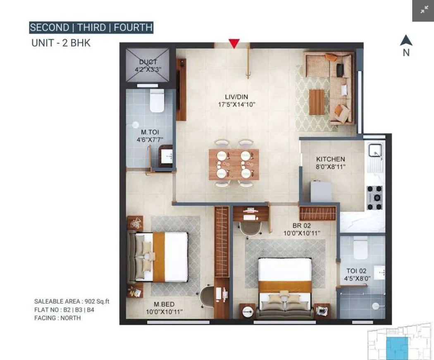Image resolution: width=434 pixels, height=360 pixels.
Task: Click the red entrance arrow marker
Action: pyautogui.click(x=234, y=43)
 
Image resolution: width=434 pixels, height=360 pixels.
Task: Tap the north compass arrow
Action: pyautogui.click(x=406, y=41)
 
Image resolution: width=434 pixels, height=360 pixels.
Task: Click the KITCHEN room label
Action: pyautogui.click(x=330, y=159)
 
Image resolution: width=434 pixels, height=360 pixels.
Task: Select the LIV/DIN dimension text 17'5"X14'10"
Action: pyautogui.click(x=237, y=105)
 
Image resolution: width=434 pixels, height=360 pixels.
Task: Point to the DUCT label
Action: pyautogui.click(x=148, y=62)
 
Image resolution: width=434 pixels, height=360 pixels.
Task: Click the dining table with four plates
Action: pyautogui.click(x=234, y=165)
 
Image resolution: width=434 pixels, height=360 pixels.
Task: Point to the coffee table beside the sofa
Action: pyautogui.click(x=317, y=102)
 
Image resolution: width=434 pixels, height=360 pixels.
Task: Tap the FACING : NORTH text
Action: pyautogui.click(x=57, y=318)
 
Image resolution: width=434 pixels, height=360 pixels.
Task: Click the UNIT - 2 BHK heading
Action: pyautogui.click(x=61, y=43)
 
